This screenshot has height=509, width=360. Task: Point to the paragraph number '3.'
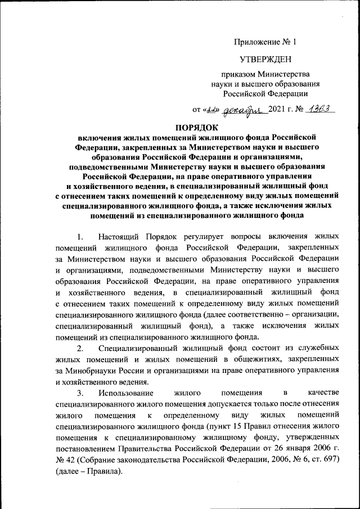80,391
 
